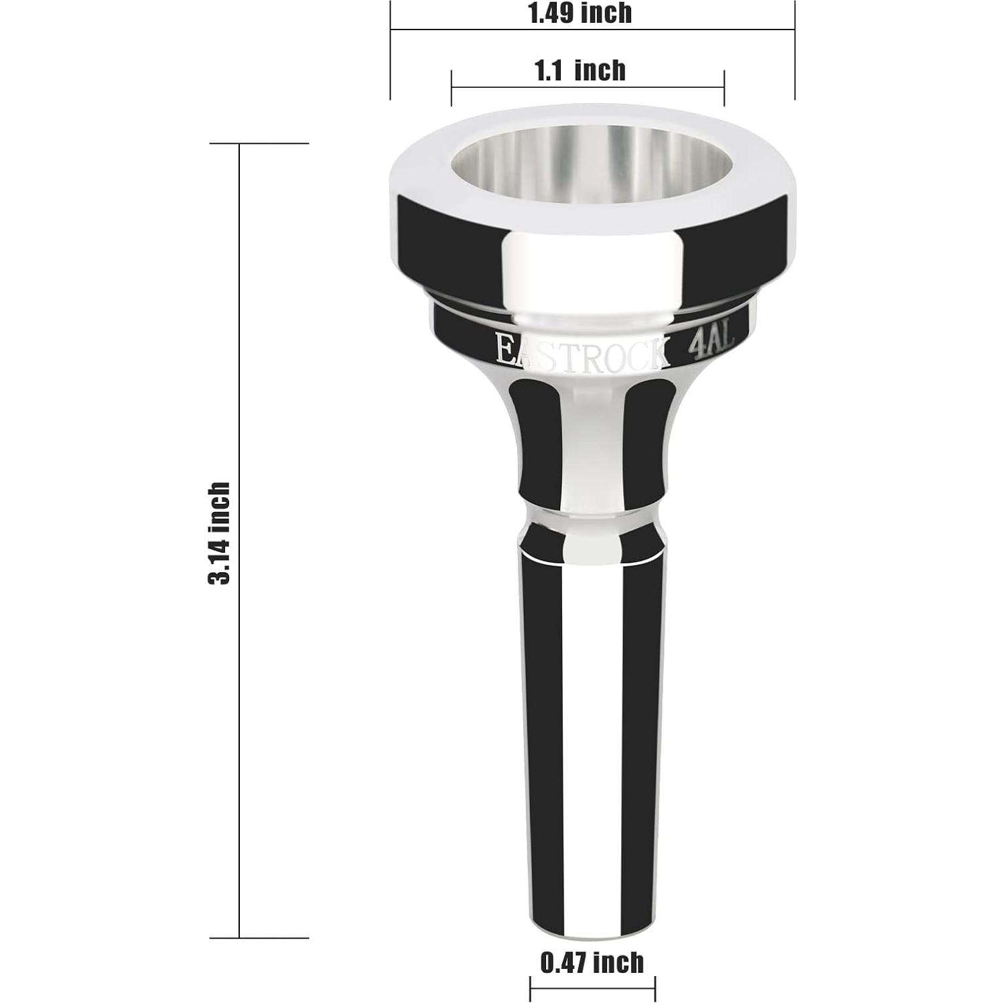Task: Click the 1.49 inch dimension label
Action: (x=580, y=13)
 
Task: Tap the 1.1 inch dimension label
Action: (x=580, y=70)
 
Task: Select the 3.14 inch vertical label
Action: (x=219, y=533)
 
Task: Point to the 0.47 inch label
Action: (x=592, y=963)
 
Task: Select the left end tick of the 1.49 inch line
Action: (x=391, y=50)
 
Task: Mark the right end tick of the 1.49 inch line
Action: (x=795, y=50)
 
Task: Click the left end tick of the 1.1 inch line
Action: (x=452, y=88)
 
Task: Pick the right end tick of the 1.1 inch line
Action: (x=724, y=88)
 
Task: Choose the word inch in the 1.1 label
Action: (x=600, y=70)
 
